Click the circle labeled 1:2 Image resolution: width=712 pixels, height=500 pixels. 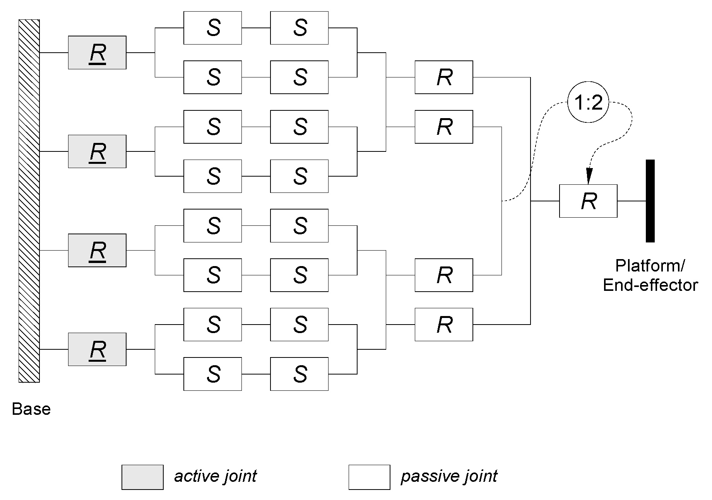click(588, 103)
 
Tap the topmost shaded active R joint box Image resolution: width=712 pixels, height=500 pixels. click(97, 53)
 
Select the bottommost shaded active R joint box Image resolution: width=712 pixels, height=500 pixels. click(97, 349)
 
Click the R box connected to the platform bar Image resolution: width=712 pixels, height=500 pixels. click(588, 201)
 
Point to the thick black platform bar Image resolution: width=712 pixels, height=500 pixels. click(650, 201)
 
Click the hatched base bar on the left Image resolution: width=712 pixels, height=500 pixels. click(29, 201)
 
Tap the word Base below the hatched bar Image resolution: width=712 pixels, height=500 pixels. click(31, 409)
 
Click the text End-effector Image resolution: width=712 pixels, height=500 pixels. click(650, 285)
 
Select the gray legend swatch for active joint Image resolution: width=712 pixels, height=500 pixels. click(142, 477)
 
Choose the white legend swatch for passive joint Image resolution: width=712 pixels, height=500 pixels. click(369, 477)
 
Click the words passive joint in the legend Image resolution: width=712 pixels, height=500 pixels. click(449, 476)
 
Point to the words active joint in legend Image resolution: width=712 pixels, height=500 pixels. click(215, 476)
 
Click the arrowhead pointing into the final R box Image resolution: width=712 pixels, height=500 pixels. click(589, 177)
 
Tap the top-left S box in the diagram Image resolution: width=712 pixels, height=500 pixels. click(212, 28)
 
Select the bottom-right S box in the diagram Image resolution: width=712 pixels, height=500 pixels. click(299, 374)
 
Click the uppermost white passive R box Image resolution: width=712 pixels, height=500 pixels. click(444, 77)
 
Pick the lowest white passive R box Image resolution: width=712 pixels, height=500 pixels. click(444, 325)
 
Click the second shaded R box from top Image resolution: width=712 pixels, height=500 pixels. click(97, 151)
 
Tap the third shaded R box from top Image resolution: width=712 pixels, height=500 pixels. click(97, 251)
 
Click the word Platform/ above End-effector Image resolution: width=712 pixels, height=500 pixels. click(650, 266)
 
